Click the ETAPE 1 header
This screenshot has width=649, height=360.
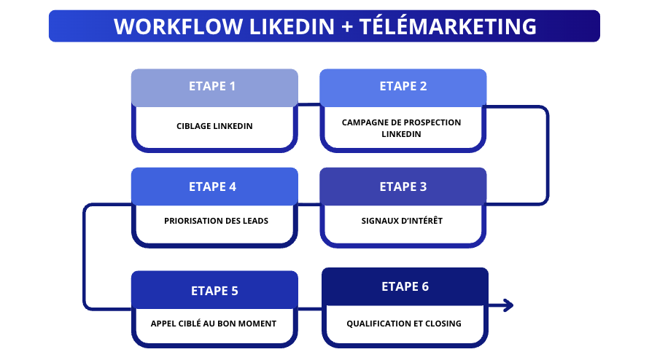[x=214, y=87]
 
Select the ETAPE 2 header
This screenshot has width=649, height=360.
[x=403, y=87]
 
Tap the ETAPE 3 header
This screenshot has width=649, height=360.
[x=403, y=187]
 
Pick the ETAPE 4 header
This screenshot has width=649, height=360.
[x=214, y=187]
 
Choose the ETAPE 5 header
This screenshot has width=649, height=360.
[x=214, y=291]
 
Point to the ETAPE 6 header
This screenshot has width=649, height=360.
[x=405, y=286]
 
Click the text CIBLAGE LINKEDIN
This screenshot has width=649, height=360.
[x=214, y=126]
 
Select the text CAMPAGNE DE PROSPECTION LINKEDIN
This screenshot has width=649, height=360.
[x=402, y=128]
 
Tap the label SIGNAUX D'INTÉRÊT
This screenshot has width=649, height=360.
[x=402, y=221]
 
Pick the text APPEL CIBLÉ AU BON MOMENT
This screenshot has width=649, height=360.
[x=214, y=324]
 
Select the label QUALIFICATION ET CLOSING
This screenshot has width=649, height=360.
[x=404, y=324]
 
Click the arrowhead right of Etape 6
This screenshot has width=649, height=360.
[x=508, y=305]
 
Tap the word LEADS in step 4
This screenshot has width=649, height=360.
[x=255, y=221]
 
